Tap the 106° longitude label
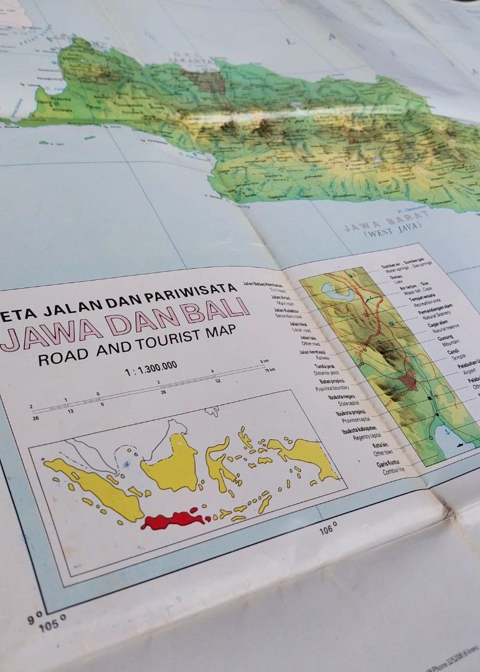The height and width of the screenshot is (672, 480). pyautogui.click(x=328, y=530)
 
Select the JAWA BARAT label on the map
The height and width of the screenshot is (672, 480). pyautogui.click(x=387, y=221)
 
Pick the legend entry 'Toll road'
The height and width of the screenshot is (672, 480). pyautogui.click(x=276, y=289)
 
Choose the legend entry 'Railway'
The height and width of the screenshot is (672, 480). pyautogui.click(x=304, y=358)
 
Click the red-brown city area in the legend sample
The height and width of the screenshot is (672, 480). pyautogui.click(x=407, y=380)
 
